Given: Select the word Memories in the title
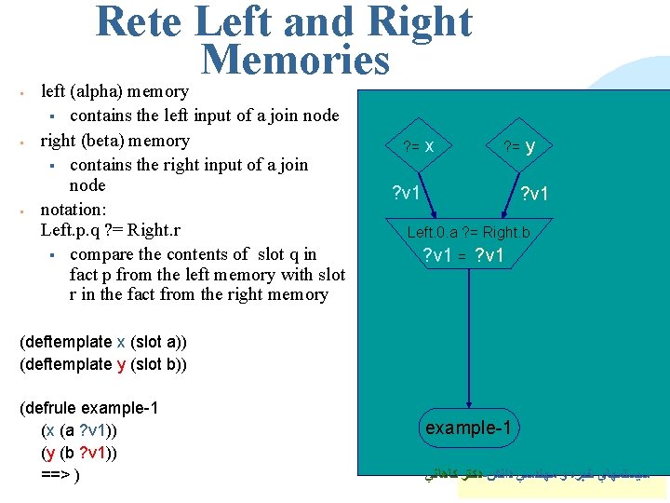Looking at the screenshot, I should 295,61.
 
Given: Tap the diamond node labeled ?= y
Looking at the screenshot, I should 518,146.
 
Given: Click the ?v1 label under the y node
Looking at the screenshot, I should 535,194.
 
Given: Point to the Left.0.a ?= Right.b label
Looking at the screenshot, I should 468,231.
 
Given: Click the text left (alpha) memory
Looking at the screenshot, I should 115,91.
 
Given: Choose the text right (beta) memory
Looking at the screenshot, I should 114,141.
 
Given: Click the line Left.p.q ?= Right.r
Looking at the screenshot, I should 112,230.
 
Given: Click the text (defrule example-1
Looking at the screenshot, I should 88,408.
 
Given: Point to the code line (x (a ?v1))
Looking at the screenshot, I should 79,430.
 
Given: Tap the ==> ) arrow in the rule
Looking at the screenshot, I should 60,475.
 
